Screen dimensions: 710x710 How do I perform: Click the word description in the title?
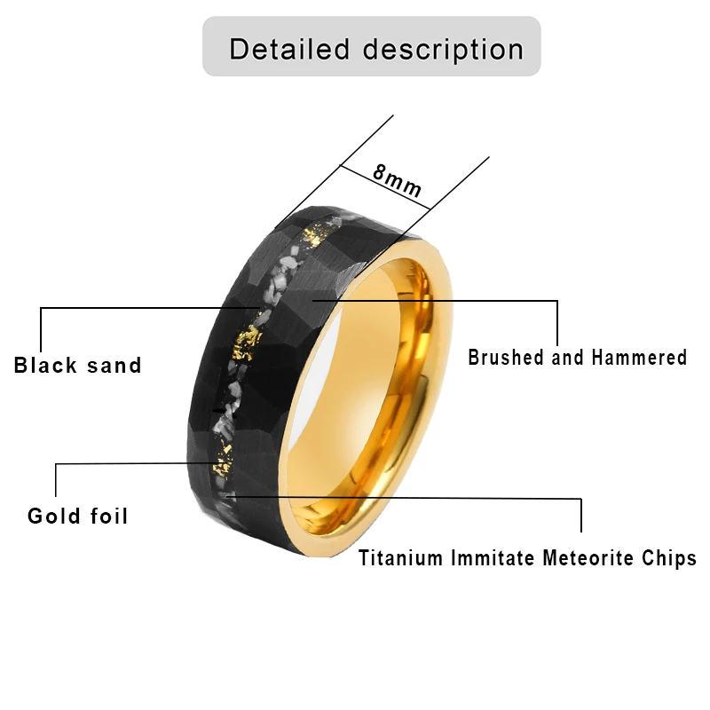pyautogui.click(x=441, y=50)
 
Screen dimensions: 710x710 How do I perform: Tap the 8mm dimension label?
pyautogui.click(x=397, y=181)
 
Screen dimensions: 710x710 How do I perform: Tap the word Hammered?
pyautogui.click(x=640, y=358)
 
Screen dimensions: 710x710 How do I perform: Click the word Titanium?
pyautogui.click(x=400, y=559)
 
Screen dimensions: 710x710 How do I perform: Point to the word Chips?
pyautogui.click(x=673, y=559)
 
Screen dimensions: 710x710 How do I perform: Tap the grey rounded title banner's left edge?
pyautogui.click(x=205, y=46)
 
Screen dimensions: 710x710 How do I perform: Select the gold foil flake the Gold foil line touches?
pyautogui.click(x=216, y=463)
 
